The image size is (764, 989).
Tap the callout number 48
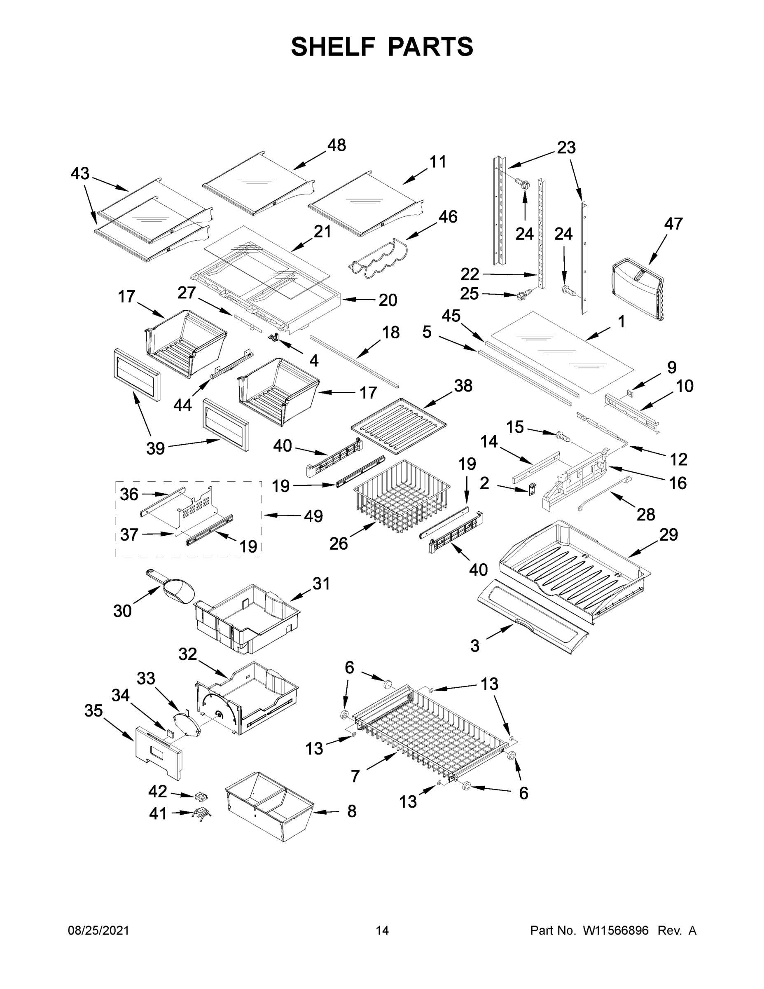click(x=336, y=145)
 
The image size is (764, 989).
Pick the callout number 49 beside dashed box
click(x=313, y=516)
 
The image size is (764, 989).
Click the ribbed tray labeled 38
click(x=398, y=426)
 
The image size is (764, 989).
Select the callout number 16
click(x=678, y=483)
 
